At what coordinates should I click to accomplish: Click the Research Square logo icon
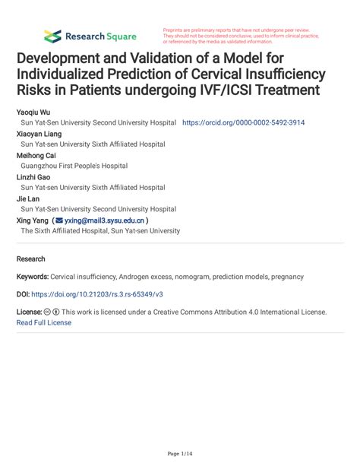click(52, 36)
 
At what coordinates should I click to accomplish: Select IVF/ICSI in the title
click(247, 91)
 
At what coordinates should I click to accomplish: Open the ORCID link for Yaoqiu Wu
click(244, 122)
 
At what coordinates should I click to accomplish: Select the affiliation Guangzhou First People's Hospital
click(74, 166)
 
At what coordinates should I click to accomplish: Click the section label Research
click(31, 258)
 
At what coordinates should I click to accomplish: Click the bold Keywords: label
click(33, 277)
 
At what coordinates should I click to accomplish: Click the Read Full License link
click(44, 322)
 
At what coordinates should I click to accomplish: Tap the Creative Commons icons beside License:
click(52, 312)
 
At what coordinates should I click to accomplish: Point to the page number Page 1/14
click(179, 454)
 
